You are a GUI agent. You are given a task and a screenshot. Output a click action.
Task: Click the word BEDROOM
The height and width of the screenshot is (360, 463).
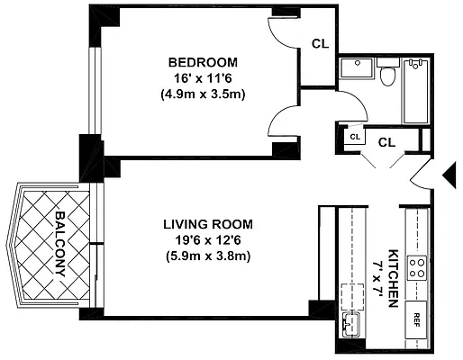pyautogui.click(x=203, y=62)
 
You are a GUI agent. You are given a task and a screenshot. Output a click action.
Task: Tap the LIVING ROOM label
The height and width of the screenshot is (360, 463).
pyautogui.click(x=208, y=224)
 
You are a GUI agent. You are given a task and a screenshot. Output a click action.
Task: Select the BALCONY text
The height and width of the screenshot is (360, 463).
pyautogui.click(x=60, y=244)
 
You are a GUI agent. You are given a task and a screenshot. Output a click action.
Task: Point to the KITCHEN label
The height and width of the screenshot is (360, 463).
pyautogui.click(x=394, y=278)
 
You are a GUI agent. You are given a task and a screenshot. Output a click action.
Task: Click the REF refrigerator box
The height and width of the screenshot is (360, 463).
pyautogui.click(x=416, y=320)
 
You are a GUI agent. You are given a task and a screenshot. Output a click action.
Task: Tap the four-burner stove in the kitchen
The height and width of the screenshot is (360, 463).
pyautogui.click(x=417, y=268)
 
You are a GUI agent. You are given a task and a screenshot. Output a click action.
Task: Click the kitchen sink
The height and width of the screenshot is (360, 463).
pyautogui.click(x=351, y=325)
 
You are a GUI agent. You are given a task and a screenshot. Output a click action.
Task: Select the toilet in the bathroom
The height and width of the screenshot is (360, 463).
pyautogui.click(x=388, y=71)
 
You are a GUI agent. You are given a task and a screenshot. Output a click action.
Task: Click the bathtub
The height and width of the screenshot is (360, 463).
pyautogui.click(x=416, y=91)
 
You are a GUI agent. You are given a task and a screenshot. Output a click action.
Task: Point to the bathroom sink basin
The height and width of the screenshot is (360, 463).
pyautogui.click(x=357, y=68)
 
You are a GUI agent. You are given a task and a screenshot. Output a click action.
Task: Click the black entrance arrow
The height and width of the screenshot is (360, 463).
pyautogui.click(x=449, y=175)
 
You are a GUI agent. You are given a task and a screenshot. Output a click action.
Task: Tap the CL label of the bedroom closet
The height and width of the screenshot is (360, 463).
pyautogui.click(x=320, y=44)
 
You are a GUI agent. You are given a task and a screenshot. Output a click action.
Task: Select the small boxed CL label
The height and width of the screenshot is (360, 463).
pyautogui.click(x=355, y=137)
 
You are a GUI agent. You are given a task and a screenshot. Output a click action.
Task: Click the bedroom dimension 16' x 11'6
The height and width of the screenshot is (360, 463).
pyautogui.click(x=203, y=78)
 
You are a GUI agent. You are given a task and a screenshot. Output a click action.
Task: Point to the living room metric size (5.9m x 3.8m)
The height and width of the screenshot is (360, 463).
pyautogui.click(x=208, y=256)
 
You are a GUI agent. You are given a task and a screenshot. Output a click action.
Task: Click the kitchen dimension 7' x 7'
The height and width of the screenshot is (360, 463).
pyautogui.click(x=377, y=279)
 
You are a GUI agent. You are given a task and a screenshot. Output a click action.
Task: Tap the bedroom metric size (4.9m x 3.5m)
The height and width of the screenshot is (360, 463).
pyautogui.click(x=203, y=94)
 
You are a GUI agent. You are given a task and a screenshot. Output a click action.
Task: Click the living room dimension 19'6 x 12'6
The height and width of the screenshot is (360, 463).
pyautogui.click(x=208, y=240)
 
